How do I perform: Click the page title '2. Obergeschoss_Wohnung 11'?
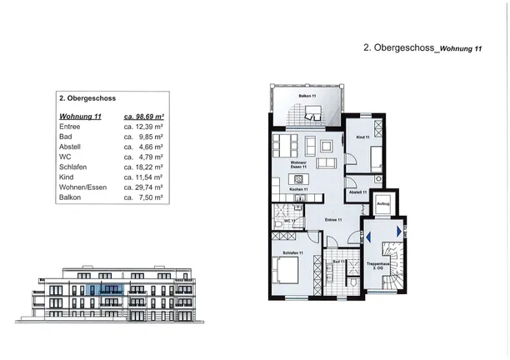[422, 49]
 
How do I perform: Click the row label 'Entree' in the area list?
[71, 127]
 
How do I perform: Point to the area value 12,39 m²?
[143, 127]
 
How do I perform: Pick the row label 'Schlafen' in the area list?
[74, 167]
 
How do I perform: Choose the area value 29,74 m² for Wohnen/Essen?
[143, 187]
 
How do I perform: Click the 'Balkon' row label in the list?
[72, 197]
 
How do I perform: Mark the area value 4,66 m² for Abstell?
[143, 147]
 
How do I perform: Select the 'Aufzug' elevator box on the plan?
[383, 203]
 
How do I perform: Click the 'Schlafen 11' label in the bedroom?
[292, 252]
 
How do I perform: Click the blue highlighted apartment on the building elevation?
[106, 290]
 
